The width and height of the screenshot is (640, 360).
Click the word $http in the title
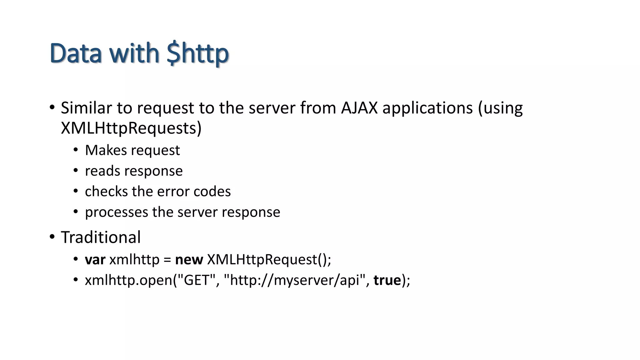198,53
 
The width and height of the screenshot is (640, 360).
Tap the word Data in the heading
76,53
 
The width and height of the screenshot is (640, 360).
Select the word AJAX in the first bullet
359,108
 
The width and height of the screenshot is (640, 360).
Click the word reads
102,171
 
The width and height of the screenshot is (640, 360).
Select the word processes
117,212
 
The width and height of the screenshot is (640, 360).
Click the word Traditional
101,237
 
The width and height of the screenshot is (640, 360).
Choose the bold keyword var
95,260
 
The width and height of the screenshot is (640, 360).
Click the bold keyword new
189,260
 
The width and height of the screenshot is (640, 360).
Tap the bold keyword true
387,280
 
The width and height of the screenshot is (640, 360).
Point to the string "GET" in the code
196,280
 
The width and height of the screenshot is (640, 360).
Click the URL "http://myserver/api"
295,280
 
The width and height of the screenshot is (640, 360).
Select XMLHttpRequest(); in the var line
269,260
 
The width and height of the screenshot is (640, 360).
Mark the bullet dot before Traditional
52,237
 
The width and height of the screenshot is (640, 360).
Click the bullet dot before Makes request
76,150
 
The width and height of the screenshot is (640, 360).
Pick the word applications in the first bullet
427,108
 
